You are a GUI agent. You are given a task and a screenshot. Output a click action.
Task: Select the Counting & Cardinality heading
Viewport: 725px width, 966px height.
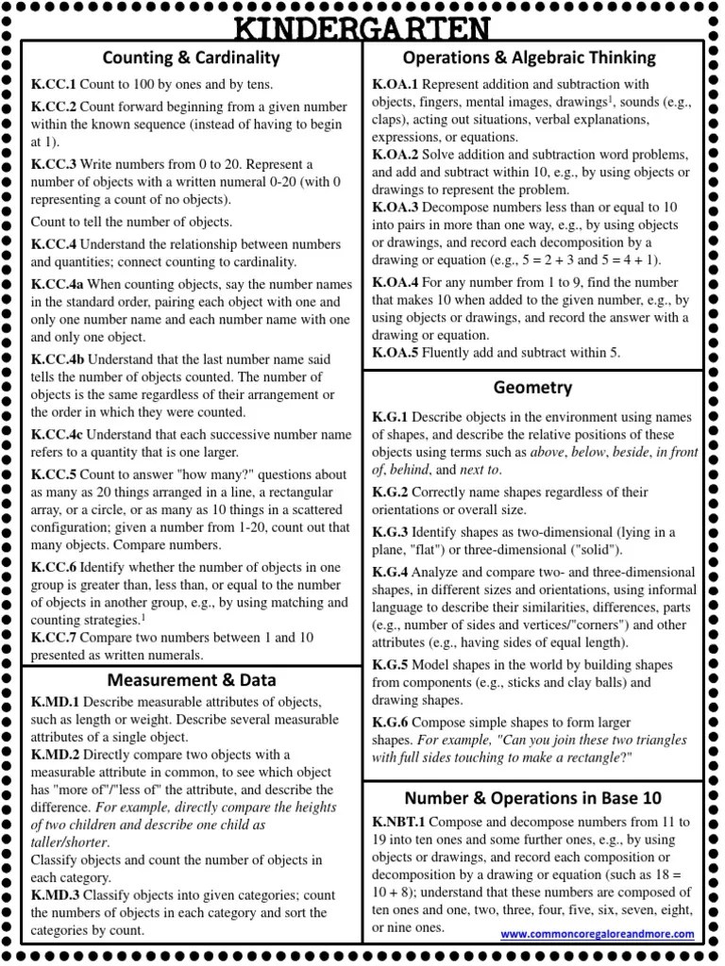click(192, 58)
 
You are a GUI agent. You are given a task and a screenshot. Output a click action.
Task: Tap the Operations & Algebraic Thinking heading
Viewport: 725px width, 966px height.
click(529, 58)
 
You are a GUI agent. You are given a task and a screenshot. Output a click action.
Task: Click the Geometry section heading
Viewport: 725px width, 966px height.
click(532, 388)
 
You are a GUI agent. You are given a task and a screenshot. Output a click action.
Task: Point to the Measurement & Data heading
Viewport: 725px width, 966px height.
click(192, 679)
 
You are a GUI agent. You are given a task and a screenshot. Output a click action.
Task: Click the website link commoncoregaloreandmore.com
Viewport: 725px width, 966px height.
click(597, 934)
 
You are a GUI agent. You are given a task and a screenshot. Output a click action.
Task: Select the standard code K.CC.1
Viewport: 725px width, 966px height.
click(53, 85)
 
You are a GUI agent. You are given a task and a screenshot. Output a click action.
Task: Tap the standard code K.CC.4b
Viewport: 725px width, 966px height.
click(58, 359)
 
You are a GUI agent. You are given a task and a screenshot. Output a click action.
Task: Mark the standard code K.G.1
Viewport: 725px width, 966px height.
click(390, 417)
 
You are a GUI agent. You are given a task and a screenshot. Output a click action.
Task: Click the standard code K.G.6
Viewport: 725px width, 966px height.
click(390, 721)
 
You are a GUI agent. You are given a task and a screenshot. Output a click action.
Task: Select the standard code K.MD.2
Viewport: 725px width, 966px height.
click(56, 755)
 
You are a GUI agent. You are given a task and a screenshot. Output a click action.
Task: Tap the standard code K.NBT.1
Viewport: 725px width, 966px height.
click(400, 822)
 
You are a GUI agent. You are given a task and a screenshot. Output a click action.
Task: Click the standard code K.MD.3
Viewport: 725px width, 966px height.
click(56, 894)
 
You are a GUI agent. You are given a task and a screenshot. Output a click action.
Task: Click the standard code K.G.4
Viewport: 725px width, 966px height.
click(390, 573)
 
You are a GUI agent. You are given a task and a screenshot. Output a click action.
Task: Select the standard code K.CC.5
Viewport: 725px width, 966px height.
click(53, 475)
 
